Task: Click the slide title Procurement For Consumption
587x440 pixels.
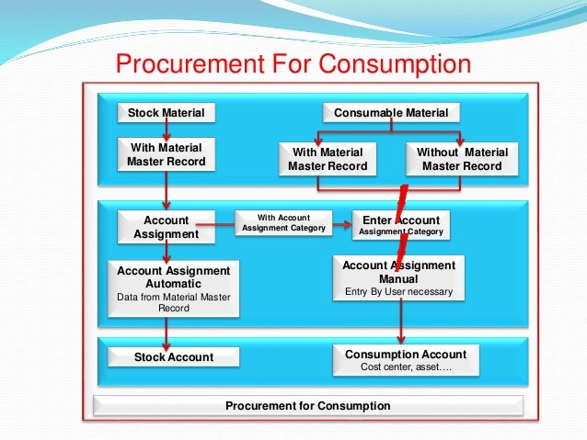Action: coord(292,64)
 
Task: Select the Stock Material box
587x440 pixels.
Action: coord(166,113)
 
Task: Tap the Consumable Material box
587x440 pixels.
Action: coord(391,113)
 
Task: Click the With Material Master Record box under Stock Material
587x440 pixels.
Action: coord(167,154)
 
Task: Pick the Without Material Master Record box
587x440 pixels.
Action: coord(461,159)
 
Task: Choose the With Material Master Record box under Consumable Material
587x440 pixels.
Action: coord(327,159)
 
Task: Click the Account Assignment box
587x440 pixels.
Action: coord(167,227)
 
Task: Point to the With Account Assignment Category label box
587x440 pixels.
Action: coord(282,223)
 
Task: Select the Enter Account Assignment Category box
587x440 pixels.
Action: coord(400,225)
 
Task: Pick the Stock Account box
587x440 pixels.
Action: coord(173,357)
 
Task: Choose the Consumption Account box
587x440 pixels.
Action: coord(405,359)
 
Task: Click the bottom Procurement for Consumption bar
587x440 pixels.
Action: coord(308,405)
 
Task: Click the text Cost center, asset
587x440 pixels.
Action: coord(405,367)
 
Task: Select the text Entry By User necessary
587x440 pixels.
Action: coord(398,292)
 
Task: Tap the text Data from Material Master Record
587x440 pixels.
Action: coord(173,302)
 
